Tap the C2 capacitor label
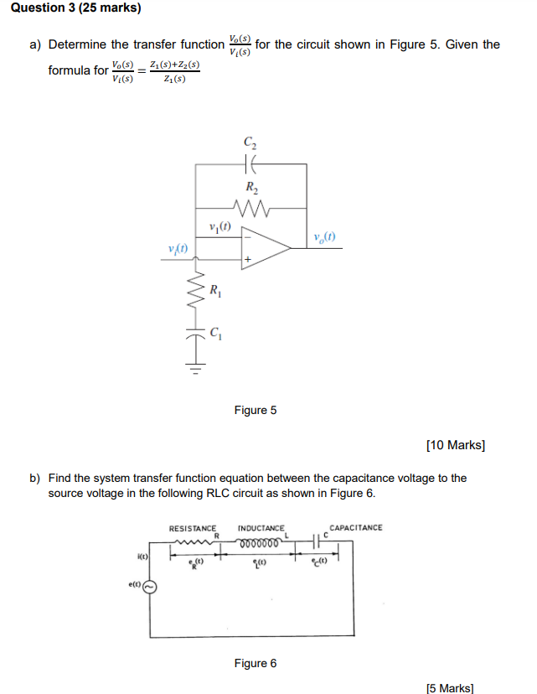250,142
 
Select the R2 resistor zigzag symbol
250,207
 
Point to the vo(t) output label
324,236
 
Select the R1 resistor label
215,292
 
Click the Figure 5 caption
256,411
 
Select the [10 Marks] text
455,445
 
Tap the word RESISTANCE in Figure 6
192,528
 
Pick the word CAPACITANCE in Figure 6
355,528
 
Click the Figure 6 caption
256,663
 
